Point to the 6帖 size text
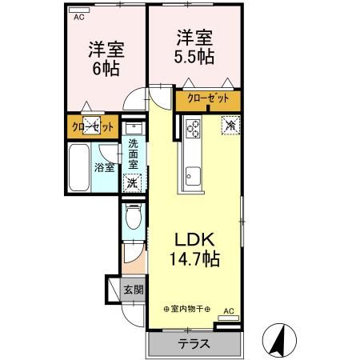click(x=105, y=68)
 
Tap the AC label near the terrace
click(x=228, y=311)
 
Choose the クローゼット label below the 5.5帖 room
click(x=208, y=98)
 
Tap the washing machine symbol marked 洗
click(x=133, y=182)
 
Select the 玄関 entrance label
click(x=133, y=289)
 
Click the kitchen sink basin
click(x=194, y=173)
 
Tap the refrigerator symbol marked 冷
click(x=229, y=125)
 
